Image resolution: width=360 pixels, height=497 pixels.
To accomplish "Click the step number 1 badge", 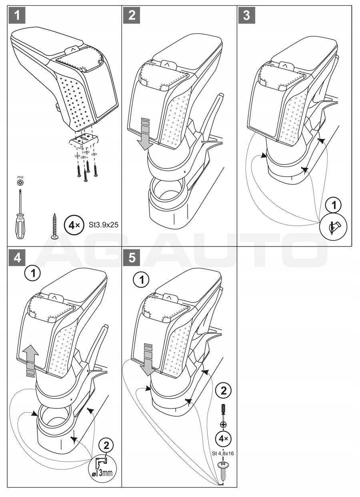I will (16, 16).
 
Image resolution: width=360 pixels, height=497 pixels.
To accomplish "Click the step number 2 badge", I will (132, 16).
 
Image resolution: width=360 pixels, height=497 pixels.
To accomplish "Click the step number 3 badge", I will (247, 16).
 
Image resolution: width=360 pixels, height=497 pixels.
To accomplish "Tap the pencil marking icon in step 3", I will (334, 228).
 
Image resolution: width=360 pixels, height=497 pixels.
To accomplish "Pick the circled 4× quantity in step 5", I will (223, 439).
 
